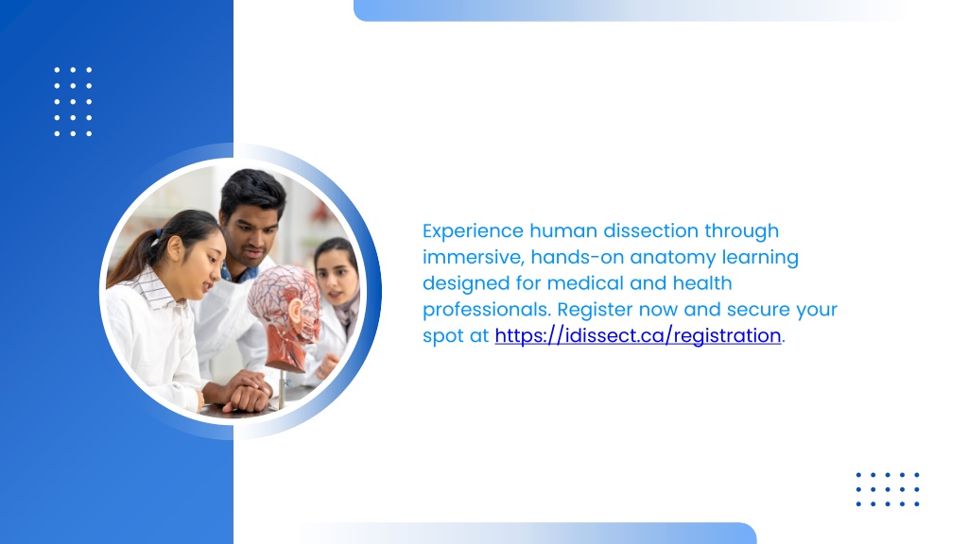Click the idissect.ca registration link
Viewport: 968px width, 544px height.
(638, 335)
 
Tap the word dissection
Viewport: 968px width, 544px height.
(650, 230)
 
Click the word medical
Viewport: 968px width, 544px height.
(585, 283)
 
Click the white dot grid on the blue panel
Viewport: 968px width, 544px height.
(73, 102)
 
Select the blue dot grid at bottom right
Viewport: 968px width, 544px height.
(888, 490)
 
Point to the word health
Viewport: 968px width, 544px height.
(702, 283)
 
